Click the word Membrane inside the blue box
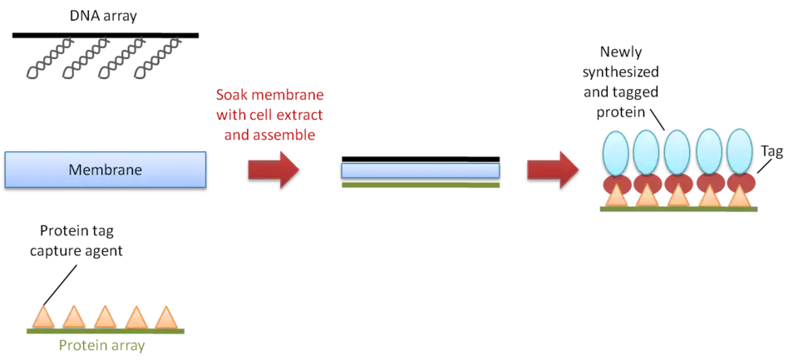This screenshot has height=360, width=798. [x=105, y=170]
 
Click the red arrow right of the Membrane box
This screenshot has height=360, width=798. [x=273, y=169]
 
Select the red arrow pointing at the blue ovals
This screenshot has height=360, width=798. [x=553, y=169]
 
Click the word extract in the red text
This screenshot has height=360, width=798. [x=297, y=115]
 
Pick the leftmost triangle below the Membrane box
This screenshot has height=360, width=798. [x=43, y=317]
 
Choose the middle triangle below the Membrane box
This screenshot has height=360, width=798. [x=105, y=317]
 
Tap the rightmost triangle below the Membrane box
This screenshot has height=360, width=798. [x=166, y=317]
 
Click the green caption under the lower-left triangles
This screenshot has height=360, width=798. [x=100, y=343]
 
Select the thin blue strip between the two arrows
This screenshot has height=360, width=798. [x=421, y=170]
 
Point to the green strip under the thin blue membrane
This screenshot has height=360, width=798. [x=421, y=187]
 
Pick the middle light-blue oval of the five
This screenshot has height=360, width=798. [x=677, y=151]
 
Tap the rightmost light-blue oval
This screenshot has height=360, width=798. [x=738, y=151]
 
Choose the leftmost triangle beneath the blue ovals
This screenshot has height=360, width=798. [x=615, y=196]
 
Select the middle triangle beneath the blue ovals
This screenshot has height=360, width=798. [x=677, y=196]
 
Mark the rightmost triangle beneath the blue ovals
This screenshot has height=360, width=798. [x=740, y=196]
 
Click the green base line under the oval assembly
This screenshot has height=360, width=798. [x=677, y=210]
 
